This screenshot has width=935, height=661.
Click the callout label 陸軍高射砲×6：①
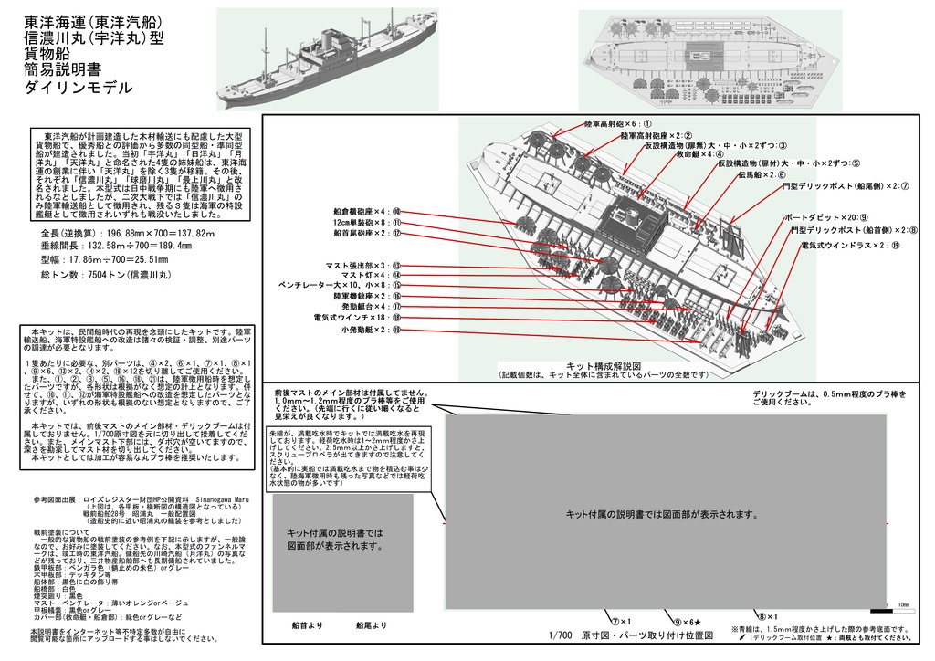(x=617, y=123)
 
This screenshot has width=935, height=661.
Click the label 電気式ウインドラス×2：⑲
(x=850, y=246)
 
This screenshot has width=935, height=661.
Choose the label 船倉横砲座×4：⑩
(x=366, y=212)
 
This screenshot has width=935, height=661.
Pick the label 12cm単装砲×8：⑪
(x=367, y=223)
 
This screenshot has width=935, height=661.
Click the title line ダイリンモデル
(x=79, y=88)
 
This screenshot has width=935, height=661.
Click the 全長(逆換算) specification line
(x=128, y=235)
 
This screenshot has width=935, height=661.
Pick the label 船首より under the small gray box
(x=308, y=625)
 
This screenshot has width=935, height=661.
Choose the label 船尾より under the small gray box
(x=372, y=625)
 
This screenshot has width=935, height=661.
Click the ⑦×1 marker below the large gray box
(x=622, y=621)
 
